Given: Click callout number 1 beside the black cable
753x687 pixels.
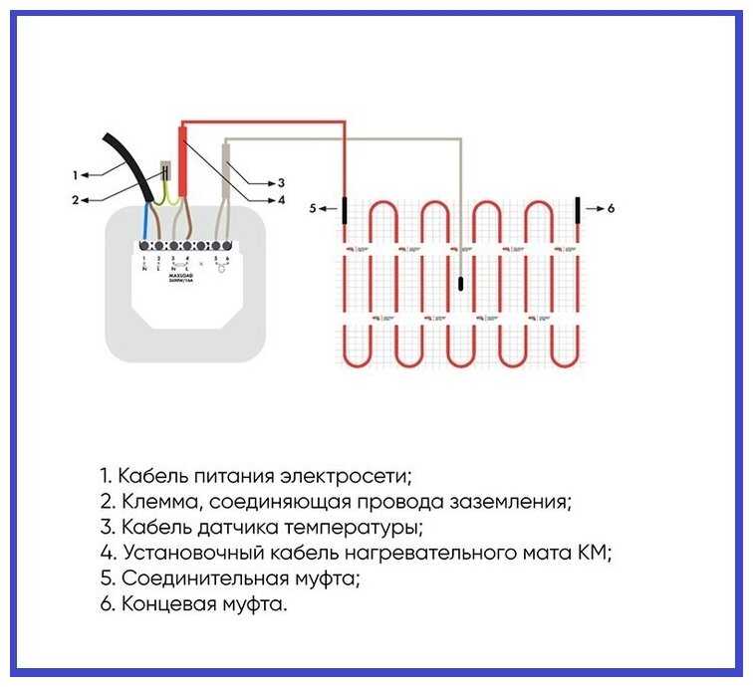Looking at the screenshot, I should [75, 175].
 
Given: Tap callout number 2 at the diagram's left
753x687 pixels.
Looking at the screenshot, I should [75, 199].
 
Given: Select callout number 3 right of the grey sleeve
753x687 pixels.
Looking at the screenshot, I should [282, 183].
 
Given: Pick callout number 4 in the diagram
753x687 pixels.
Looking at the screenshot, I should [282, 199].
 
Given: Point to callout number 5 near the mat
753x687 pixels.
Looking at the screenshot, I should [312, 209].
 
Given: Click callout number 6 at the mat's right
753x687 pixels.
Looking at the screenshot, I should [611, 209].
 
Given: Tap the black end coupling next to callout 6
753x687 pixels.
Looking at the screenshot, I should [577, 210].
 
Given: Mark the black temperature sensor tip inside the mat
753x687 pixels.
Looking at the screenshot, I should [461, 284].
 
